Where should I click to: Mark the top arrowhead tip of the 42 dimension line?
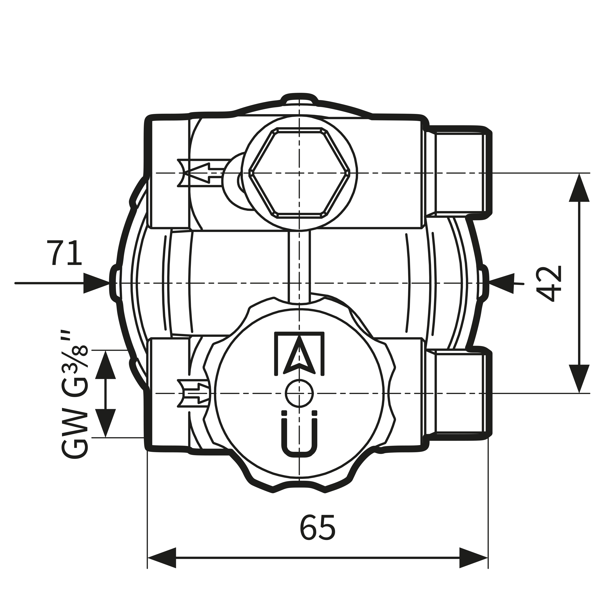click(x=579, y=174)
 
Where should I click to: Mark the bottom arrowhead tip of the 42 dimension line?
click(x=579, y=393)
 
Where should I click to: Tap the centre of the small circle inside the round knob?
click(x=299, y=393)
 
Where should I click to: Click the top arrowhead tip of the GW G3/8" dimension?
click(x=106, y=351)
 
